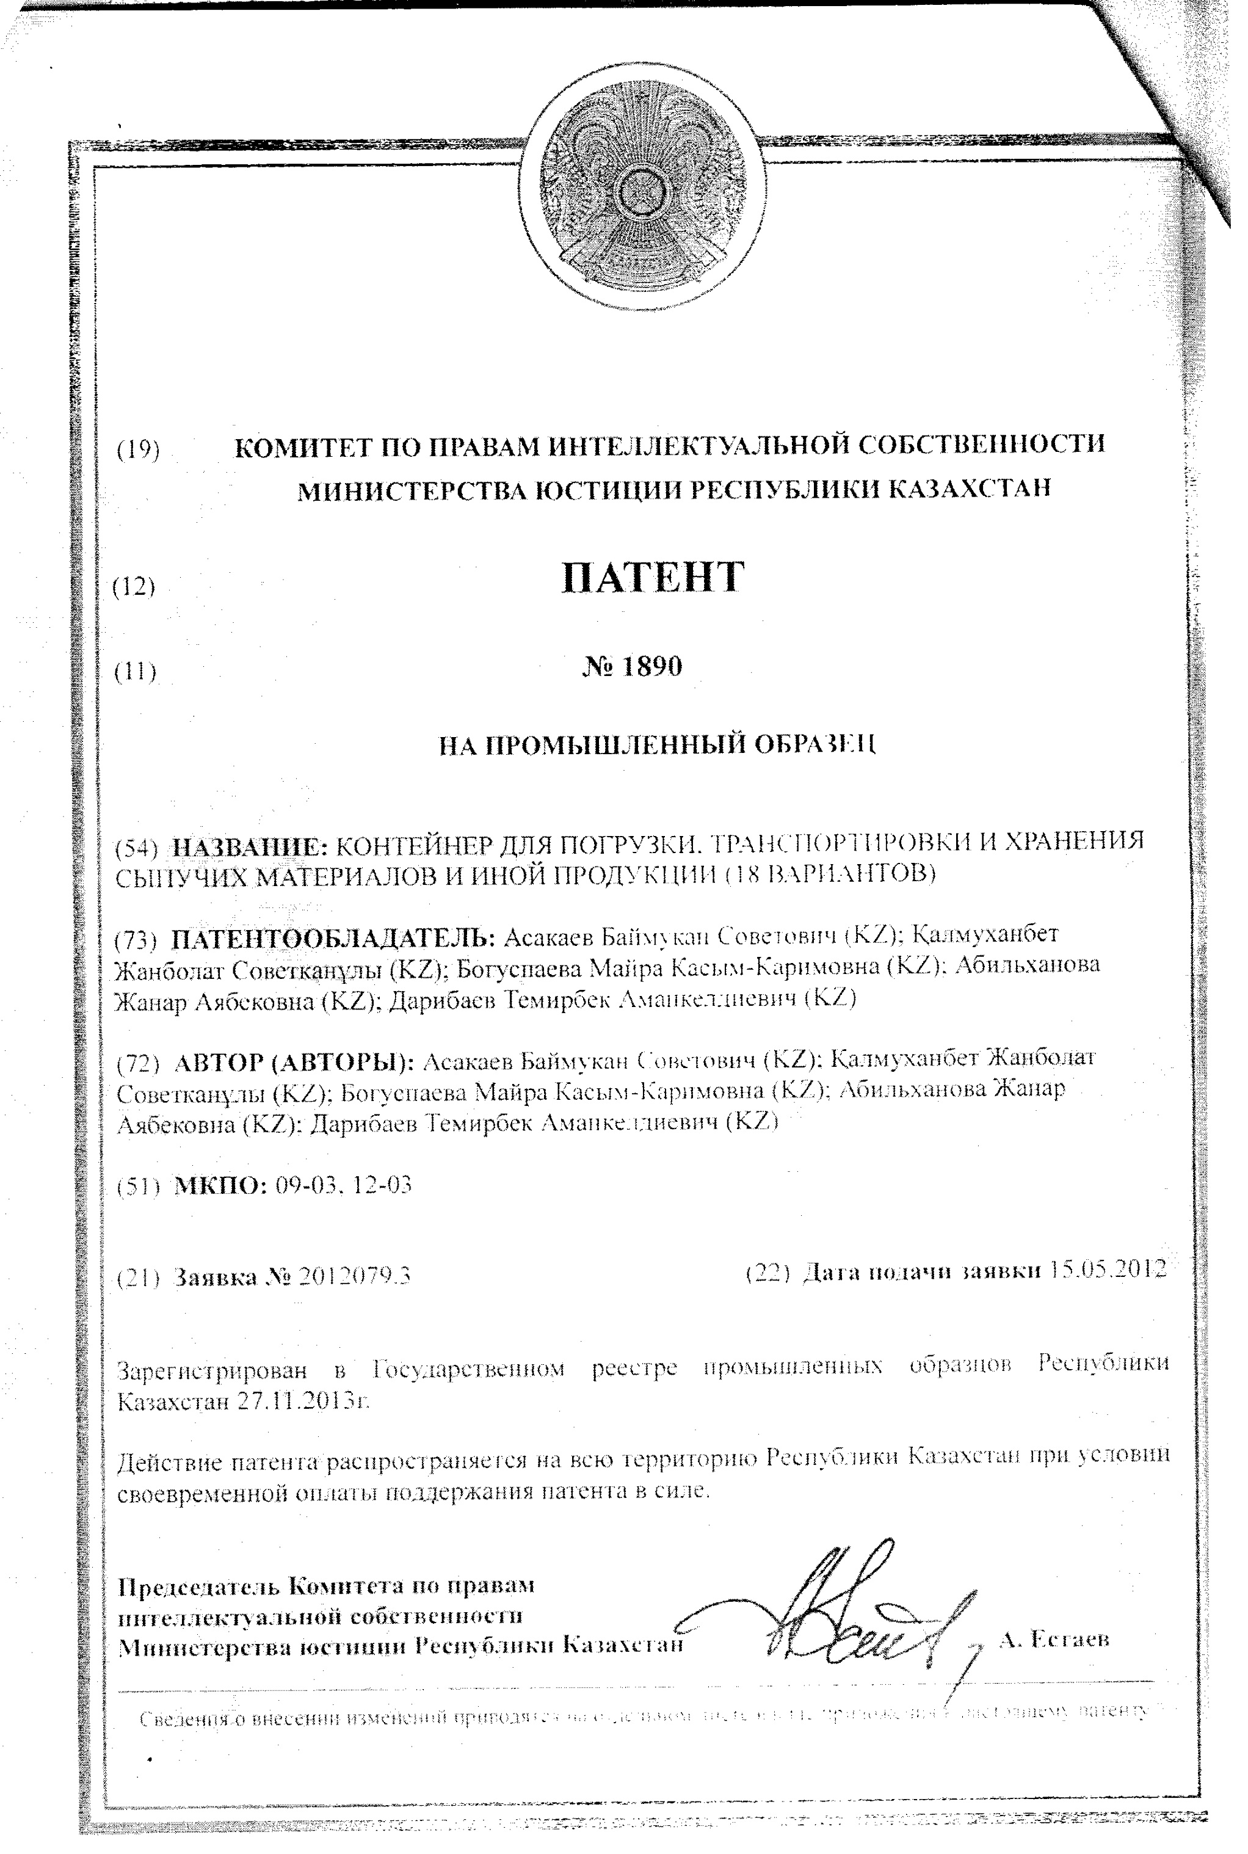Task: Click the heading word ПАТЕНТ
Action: click(x=653, y=577)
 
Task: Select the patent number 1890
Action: click(x=650, y=666)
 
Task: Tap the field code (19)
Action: click(x=138, y=450)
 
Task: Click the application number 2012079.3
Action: click(x=354, y=1277)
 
